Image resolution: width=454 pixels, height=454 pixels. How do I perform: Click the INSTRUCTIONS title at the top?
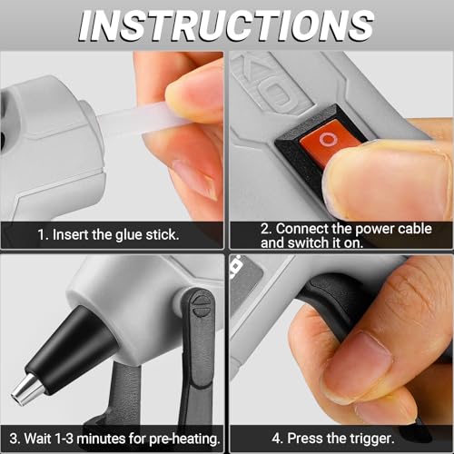pos(226,25)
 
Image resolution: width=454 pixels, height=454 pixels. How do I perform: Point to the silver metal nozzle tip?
pos(25,390)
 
